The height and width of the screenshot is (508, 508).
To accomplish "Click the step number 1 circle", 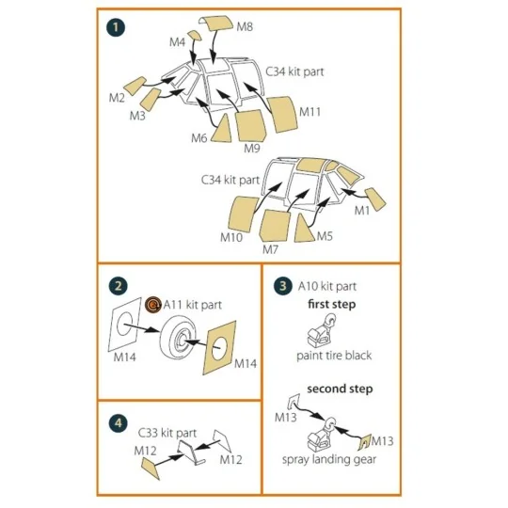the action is pos(116,27).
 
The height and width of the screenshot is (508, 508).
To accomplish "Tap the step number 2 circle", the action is pos(119,286).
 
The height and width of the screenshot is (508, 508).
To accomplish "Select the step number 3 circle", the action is pos(283,286).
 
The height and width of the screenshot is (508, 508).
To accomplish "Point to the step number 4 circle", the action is pos(119,423).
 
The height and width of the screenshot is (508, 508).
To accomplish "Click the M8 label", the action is pos(245,26).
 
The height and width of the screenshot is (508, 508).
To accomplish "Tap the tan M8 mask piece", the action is pos(216,23).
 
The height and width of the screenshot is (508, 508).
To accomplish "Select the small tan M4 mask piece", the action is pos(195,36).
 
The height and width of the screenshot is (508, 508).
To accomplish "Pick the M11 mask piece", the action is pos(282,115).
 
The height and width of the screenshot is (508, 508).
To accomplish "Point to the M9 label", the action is pos(252,149).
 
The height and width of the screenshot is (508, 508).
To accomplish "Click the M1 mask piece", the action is pos(375,198).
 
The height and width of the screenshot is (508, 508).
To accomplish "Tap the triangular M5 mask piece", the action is pos(303,230).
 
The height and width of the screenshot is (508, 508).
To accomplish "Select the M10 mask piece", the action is pos(243,214).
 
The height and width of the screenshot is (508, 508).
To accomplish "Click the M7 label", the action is pos(271,249).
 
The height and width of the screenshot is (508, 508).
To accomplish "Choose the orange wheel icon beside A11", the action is pos(153,305).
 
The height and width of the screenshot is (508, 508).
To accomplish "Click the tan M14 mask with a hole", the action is pos(219,348).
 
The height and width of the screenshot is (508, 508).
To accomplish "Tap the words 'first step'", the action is pos(332,304).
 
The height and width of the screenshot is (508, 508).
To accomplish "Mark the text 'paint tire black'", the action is pos(334,356).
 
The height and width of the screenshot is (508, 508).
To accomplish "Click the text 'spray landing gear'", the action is pos(329,459).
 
